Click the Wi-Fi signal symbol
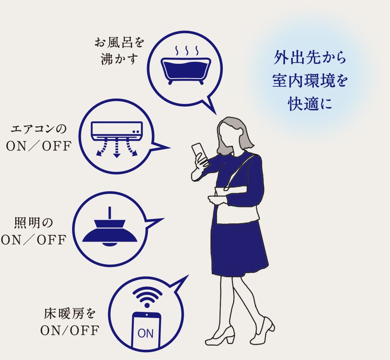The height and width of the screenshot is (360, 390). pyautogui.click(x=147, y=297)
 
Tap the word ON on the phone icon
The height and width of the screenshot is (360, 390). pyautogui.click(x=145, y=333)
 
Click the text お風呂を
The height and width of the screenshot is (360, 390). pyautogui.click(x=119, y=42)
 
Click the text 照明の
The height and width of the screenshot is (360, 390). pyautogui.click(x=34, y=223)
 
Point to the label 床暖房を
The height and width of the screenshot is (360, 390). pyautogui.click(x=70, y=314)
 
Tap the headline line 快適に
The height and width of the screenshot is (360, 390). pyautogui.click(x=310, y=103)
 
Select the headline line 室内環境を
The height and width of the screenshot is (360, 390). pyautogui.click(x=310, y=80)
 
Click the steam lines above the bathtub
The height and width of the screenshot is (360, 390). pyautogui.click(x=187, y=51)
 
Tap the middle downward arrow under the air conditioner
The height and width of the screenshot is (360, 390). pyautogui.click(x=117, y=149)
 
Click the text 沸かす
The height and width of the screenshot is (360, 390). pyautogui.click(x=119, y=60)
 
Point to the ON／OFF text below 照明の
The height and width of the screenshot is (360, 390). pyautogui.click(x=34, y=240)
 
